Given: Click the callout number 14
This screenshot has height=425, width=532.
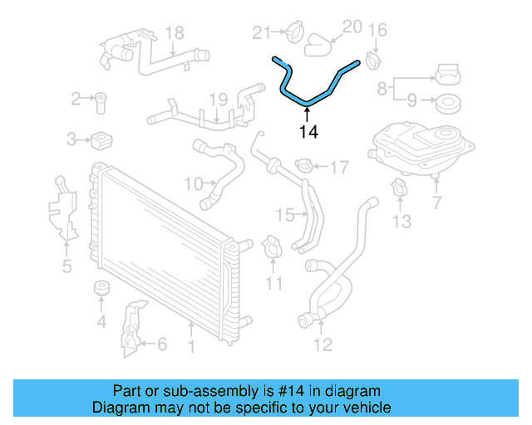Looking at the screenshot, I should coord(308,130).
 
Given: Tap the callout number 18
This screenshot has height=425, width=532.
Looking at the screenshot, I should coord(174,33).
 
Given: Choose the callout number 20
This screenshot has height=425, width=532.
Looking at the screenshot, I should coord(352,27).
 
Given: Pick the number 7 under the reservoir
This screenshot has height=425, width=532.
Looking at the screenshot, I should coord(436,201).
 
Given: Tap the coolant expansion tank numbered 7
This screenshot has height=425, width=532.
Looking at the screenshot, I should coord(421,149).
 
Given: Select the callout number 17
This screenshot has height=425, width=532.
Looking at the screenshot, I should coord(338,168).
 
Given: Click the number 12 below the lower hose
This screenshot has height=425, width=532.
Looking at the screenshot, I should coord(323,344).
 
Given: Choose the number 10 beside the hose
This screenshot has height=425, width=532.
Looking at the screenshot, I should coord(193,183).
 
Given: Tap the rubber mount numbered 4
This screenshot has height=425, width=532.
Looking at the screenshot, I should coord(102,290).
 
